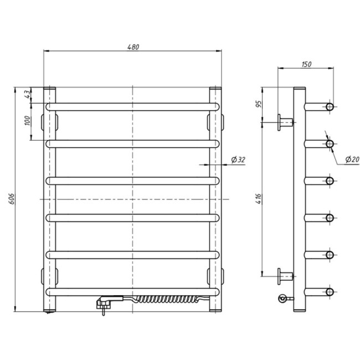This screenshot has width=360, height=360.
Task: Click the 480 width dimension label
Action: click(133, 47)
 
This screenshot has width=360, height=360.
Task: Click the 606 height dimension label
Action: click(12, 199)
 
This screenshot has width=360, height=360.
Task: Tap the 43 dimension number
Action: click(27, 94)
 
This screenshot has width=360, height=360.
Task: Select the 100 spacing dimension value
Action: click(27, 121)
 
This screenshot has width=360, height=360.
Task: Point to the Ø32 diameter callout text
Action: click(238, 160)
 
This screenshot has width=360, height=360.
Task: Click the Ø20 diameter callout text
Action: click(352, 159)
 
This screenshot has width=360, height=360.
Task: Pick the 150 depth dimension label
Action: click(306, 64)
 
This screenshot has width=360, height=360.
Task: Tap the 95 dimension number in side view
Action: click(259, 104)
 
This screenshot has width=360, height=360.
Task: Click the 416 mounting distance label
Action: click(259, 199)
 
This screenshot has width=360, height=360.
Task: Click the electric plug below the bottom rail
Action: click(104, 304)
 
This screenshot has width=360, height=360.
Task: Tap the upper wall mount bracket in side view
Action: click(285, 122)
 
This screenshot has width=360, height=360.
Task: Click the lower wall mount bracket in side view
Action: click(285, 276)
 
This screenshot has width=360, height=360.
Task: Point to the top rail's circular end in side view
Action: click(330, 107)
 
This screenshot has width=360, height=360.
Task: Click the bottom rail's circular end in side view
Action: click(330, 292)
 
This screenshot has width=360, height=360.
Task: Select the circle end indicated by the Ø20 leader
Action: click(330, 144)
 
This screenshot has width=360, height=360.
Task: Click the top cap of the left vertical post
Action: click(49, 88)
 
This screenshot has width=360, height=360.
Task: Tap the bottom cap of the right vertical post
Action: click(215, 310)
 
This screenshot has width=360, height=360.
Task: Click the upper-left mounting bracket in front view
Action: click(49, 122)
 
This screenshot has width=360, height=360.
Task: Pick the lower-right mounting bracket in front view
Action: click(215, 276)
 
